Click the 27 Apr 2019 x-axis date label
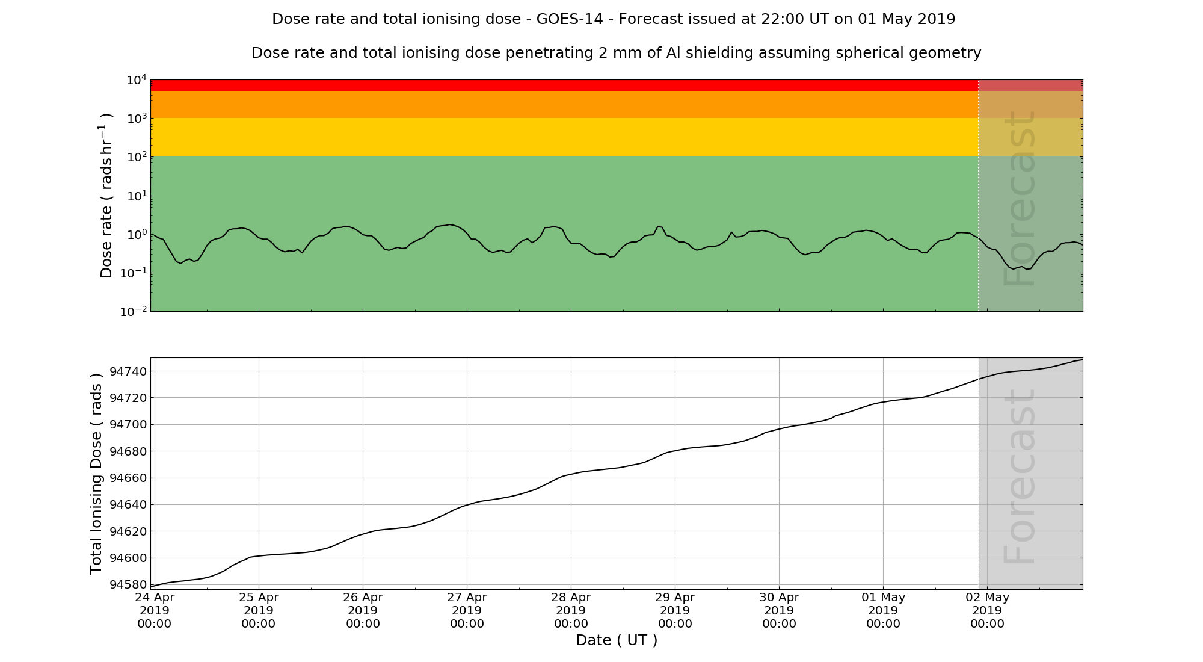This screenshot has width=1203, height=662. pyautogui.click(x=467, y=610)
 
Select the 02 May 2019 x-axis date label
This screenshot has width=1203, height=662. pyautogui.click(x=987, y=610)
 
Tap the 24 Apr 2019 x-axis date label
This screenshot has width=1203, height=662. pyautogui.click(x=155, y=610)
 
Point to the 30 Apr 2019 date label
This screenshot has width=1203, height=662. pyautogui.click(x=779, y=610)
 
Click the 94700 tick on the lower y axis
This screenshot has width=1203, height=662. pyautogui.click(x=128, y=425)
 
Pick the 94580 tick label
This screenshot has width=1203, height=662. pyautogui.click(x=128, y=584)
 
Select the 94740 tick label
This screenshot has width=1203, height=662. pyautogui.click(x=128, y=371)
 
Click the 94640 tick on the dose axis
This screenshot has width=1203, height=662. pyautogui.click(x=128, y=504)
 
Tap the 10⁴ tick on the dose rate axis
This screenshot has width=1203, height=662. pyautogui.click(x=137, y=80)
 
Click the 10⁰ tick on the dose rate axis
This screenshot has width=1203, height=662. pyautogui.click(x=137, y=235)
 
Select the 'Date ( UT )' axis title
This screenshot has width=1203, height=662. pyautogui.click(x=617, y=640)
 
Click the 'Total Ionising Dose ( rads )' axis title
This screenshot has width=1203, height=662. pyautogui.click(x=96, y=474)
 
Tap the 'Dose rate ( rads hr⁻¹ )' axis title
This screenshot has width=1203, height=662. pyautogui.click(x=106, y=196)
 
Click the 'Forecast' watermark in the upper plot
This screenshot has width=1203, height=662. pyautogui.click(x=1019, y=199)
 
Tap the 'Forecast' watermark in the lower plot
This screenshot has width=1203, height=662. pyautogui.click(x=1019, y=477)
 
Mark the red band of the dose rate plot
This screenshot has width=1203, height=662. pyautogui.click(x=564, y=85)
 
